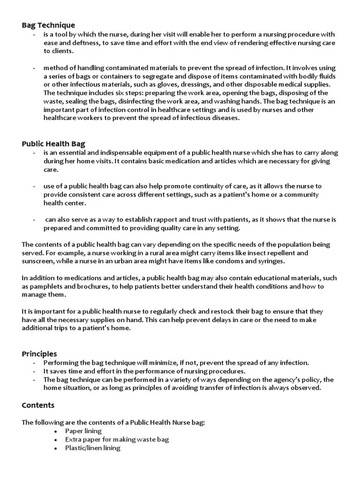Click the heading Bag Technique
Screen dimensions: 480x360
pos(48,25)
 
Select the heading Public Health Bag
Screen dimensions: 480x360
pos(53,143)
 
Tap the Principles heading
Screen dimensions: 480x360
pos(39,353)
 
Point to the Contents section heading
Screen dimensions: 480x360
pos(38,405)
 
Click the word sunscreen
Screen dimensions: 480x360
pos(38,261)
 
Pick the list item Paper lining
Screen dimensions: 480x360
pos(83,431)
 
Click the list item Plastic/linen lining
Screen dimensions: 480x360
pos(93,448)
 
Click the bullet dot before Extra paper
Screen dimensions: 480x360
pos(55,440)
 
